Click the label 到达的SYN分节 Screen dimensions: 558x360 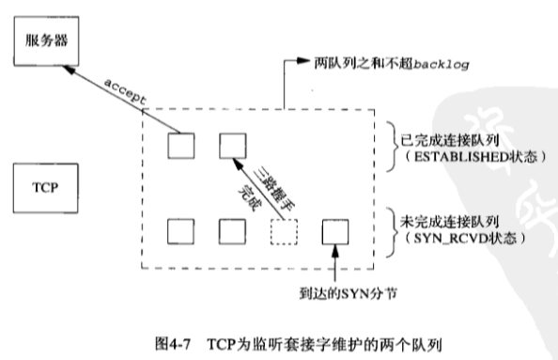(348, 294)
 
